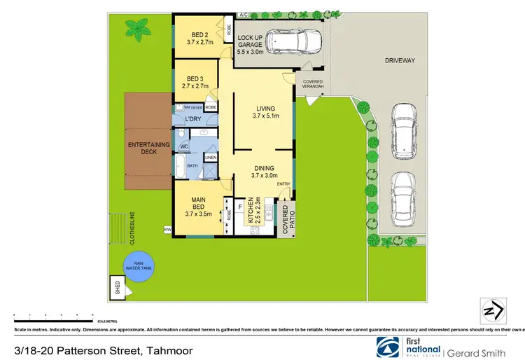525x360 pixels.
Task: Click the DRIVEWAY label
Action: [400, 61]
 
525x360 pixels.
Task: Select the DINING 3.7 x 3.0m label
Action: [265, 172]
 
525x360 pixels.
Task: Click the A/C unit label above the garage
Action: [244, 15]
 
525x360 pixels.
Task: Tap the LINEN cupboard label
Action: [211, 158]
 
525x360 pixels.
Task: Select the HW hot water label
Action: [167, 229]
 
